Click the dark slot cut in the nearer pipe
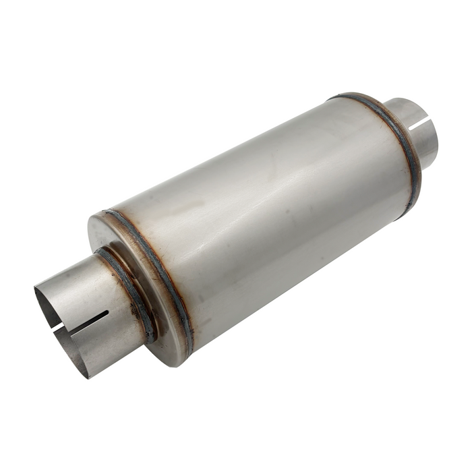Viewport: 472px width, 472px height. point(88,322)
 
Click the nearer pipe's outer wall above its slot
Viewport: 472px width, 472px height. point(81,290)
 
